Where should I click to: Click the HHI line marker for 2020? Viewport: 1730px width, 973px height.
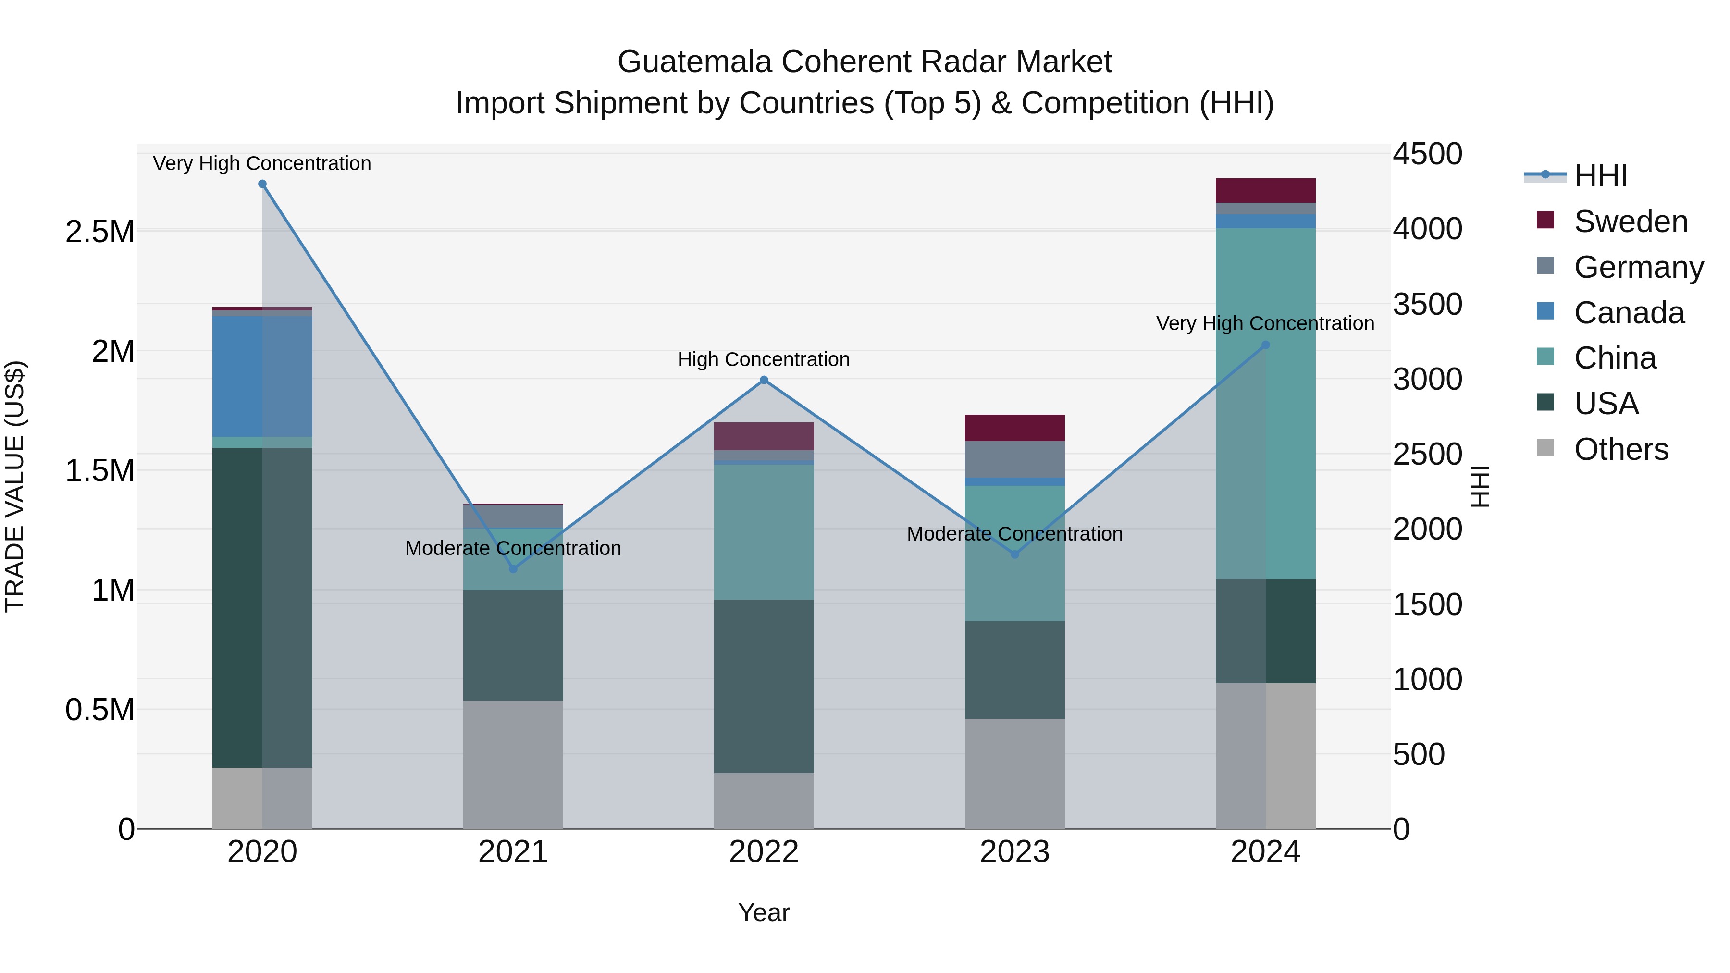click(x=262, y=184)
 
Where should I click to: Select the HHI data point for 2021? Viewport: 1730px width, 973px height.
click(x=513, y=569)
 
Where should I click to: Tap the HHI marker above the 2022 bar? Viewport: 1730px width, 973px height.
click(x=764, y=380)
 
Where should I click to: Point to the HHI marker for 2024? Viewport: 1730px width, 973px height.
click(x=1265, y=345)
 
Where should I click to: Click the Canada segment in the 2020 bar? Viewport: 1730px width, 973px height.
click(x=262, y=376)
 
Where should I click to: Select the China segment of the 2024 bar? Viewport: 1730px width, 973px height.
click(x=1265, y=403)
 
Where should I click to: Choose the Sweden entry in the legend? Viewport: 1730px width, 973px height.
click(x=1630, y=222)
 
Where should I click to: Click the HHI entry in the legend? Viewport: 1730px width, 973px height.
click(x=1600, y=176)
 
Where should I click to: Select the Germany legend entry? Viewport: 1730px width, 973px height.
click(x=1638, y=267)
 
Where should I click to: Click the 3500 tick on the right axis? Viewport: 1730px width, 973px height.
click(x=1427, y=304)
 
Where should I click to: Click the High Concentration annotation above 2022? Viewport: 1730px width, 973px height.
click(x=764, y=359)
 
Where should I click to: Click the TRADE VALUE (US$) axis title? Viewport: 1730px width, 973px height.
click(x=15, y=486)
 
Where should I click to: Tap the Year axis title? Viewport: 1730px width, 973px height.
click(x=764, y=912)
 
